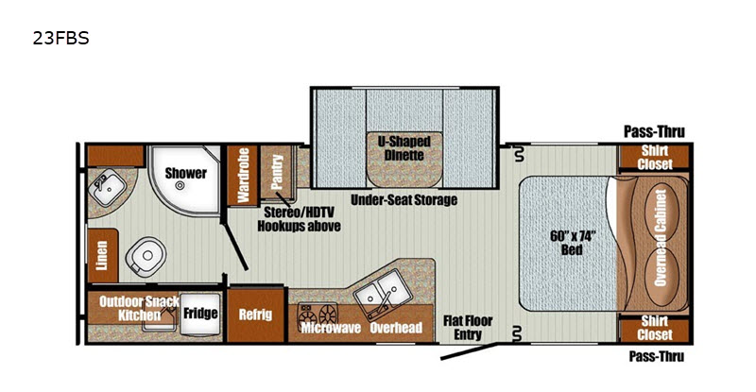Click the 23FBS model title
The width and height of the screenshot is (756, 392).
point(60,38)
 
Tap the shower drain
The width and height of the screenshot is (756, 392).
point(180,185)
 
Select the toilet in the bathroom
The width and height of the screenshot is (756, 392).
point(146,256)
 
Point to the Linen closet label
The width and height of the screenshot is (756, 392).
point(102,256)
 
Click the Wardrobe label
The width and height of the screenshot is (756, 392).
point(244,176)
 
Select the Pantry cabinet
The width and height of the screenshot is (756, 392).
point(277,172)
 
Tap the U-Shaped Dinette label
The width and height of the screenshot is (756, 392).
point(404,148)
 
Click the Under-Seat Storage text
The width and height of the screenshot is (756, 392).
point(404,199)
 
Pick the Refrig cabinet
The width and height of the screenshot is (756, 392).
point(255,315)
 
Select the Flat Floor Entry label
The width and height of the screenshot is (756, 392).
point(468,328)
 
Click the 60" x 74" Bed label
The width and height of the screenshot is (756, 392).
point(573,243)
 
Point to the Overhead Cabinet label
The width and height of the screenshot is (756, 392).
point(661,238)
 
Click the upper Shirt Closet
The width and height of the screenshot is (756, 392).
point(654,157)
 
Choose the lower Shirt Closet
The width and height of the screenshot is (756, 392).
point(654,329)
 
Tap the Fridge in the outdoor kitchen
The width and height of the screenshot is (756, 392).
point(200,314)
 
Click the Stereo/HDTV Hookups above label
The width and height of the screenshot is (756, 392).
point(299,219)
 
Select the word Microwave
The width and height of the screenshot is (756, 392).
point(331,328)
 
